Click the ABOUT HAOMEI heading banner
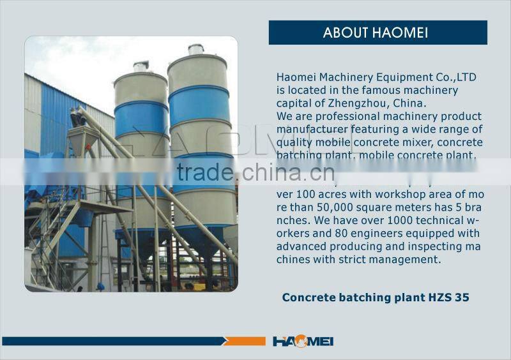point(378,33)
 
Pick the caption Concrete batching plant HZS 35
point(376,297)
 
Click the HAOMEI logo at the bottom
point(303,341)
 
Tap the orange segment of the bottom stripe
point(246,341)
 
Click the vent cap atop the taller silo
point(196,50)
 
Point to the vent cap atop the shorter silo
point(141,66)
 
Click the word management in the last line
point(409,259)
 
